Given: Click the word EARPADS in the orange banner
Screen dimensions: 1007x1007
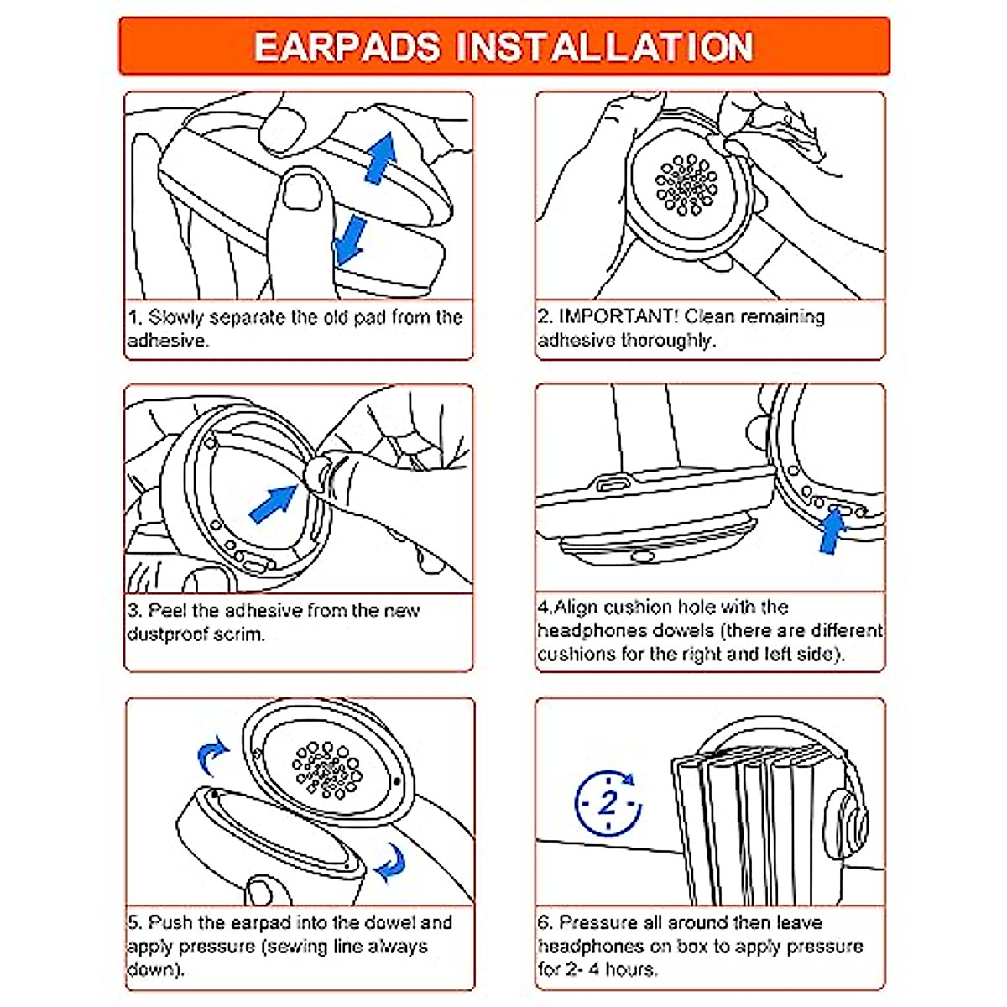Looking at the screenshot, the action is tap(347, 48).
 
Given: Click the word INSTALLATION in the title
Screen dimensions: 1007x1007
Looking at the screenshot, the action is tap(604, 48).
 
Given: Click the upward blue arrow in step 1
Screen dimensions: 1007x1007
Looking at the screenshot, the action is tap(381, 159).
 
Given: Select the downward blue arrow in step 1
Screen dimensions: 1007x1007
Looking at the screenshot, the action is tap(348, 240).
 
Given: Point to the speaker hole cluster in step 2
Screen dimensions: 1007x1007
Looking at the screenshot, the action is tap(686, 185).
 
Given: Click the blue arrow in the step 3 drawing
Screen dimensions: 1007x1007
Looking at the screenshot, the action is tap(273, 503).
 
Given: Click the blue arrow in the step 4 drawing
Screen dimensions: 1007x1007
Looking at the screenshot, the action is tap(832, 530).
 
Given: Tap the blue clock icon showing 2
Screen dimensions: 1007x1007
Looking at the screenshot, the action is tap(608, 803).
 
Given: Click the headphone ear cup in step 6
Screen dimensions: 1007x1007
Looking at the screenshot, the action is tap(845, 825).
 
